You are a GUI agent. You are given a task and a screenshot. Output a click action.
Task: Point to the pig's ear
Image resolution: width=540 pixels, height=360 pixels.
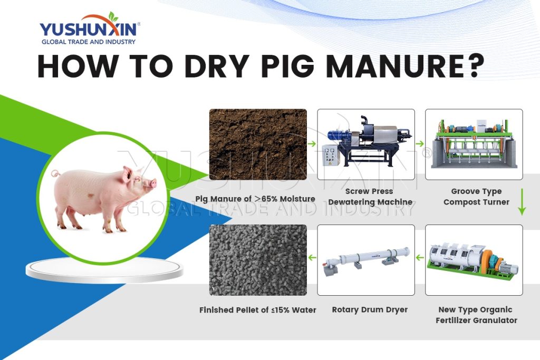coord(128,174)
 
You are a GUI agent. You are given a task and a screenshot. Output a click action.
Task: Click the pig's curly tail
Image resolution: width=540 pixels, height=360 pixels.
coord(56,176)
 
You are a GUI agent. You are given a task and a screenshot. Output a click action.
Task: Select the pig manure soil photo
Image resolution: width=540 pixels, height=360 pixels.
coord(258,144)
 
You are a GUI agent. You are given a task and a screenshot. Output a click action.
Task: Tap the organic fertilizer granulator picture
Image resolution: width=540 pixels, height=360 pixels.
coord(474,260)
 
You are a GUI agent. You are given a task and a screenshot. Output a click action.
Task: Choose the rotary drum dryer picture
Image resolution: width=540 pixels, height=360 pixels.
coord(366,260)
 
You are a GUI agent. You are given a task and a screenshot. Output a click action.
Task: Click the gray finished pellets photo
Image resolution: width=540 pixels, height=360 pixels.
coord(258,260)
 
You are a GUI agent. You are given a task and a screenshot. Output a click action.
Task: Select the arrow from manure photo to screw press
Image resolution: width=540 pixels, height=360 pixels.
coord(312,143)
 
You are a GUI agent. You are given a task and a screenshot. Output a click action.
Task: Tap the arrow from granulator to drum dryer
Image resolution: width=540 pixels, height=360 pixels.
coord(420,258)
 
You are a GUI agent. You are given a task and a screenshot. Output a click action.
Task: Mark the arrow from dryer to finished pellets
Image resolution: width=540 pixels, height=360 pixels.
coord(312,258)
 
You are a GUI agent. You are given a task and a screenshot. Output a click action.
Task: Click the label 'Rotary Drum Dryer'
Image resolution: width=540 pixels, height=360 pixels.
coord(370,310)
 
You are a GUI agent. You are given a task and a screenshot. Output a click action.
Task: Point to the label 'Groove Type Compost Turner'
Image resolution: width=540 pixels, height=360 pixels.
coord(476,197)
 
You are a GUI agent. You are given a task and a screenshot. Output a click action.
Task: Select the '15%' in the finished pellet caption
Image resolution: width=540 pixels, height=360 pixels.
coord(280,310)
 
